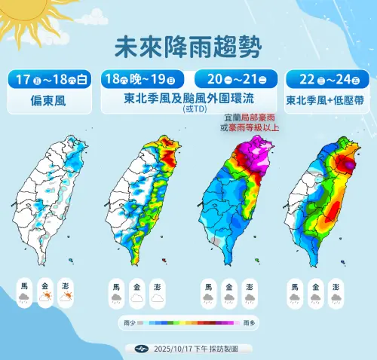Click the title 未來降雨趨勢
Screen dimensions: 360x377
click(x=188, y=47)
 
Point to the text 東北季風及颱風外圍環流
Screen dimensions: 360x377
click(x=188, y=99)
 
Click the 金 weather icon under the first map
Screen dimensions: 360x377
click(x=46, y=292)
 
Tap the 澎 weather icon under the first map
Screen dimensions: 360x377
click(x=66, y=292)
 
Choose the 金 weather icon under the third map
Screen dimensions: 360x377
click(x=228, y=292)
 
